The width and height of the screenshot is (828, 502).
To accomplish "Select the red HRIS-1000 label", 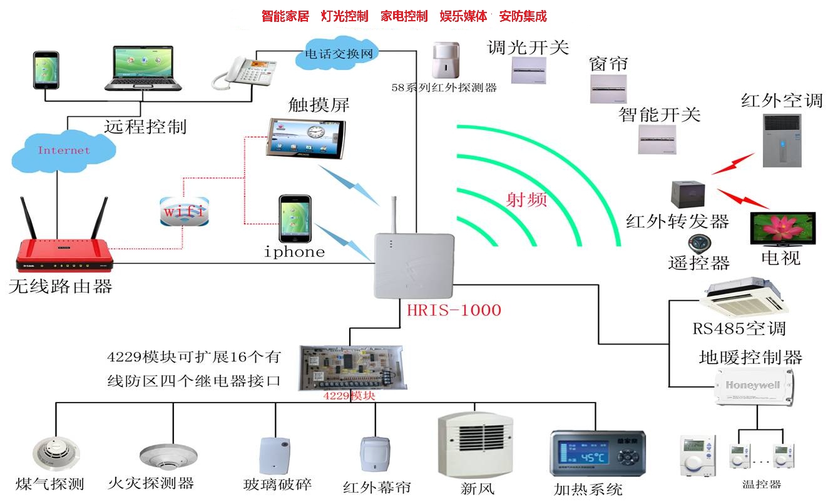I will (x=454, y=310).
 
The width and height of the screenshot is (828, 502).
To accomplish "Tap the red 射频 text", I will (x=526, y=199).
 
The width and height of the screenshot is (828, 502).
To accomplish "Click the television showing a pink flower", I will (x=783, y=229).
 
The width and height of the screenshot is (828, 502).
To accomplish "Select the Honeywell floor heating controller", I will (x=754, y=387).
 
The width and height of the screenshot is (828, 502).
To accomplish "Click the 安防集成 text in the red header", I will (x=523, y=16).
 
